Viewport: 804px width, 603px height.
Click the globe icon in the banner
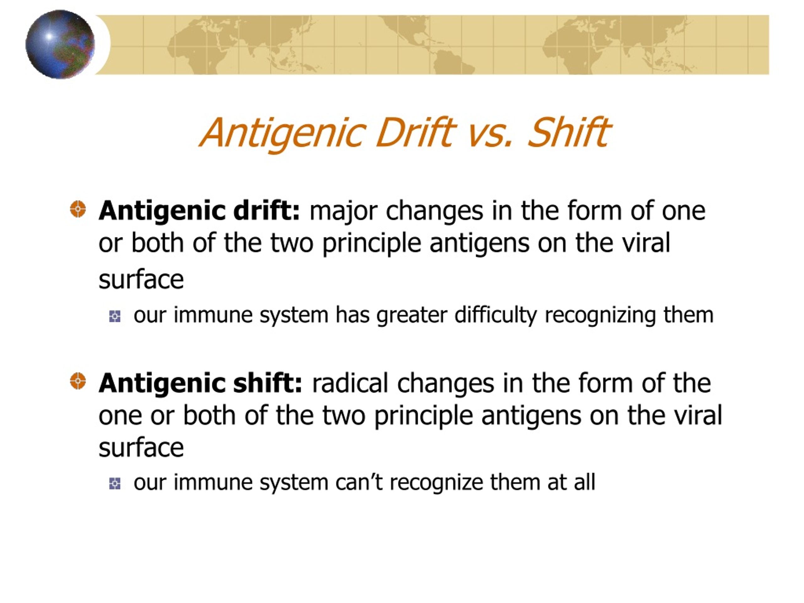[60, 44]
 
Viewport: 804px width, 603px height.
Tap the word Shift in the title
[569, 132]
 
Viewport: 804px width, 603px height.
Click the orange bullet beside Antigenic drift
[78, 209]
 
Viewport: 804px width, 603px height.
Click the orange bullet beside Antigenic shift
[78, 381]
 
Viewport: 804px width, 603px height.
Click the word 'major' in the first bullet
[343, 211]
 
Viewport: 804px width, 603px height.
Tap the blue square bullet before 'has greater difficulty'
[115, 316]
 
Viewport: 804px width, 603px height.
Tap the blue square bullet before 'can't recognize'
[115, 484]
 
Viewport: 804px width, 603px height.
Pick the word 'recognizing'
[600, 315]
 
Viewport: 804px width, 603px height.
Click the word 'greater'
[412, 315]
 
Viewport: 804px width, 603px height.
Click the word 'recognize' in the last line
[436, 483]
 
